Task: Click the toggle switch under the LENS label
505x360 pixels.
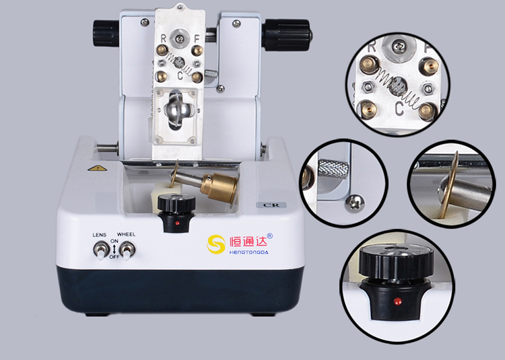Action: tap(99, 250)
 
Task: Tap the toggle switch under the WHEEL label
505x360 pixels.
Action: tap(127, 250)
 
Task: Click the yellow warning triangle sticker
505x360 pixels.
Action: tap(97, 168)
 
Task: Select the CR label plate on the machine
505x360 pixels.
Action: tap(271, 205)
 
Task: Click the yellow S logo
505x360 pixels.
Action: tap(215, 244)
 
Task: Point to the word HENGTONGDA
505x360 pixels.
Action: tap(248, 252)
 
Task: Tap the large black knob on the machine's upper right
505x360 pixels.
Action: tap(286, 35)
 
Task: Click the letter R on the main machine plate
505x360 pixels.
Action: tap(164, 39)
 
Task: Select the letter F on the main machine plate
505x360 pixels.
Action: tap(197, 39)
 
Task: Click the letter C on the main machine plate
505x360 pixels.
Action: tap(180, 76)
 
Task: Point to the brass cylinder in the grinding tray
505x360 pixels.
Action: tap(220, 188)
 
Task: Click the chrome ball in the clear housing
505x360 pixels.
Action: tap(177, 110)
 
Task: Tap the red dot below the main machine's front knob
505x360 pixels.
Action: tap(177, 223)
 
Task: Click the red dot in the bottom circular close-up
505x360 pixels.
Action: tap(397, 301)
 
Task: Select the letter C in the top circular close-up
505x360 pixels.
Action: tap(399, 108)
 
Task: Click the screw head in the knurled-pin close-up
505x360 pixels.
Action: tap(355, 204)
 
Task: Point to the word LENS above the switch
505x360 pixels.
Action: tap(100, 235)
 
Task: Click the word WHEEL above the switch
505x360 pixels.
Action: tap(127, 235)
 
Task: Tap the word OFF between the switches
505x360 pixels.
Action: tap(114, 257)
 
